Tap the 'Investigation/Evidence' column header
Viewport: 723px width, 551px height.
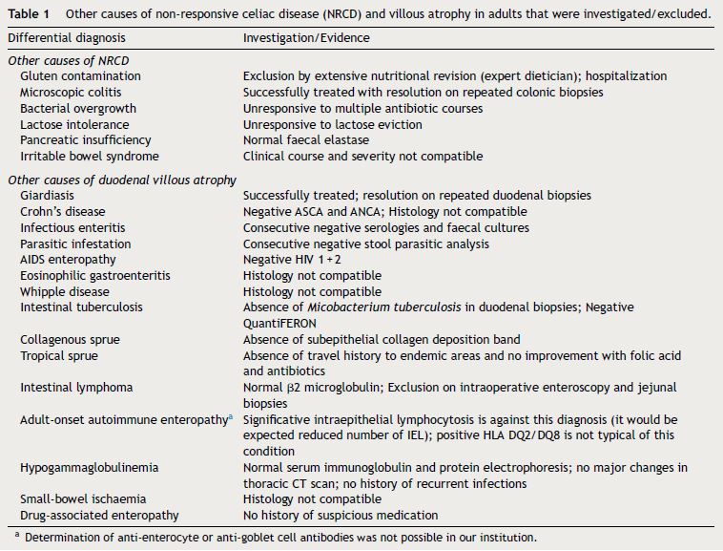coord(306,38)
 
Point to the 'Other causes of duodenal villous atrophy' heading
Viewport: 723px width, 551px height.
coord(121,180)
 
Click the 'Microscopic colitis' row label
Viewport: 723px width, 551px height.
coord(74,93)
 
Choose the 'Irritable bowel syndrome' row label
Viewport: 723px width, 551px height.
coord(90,156)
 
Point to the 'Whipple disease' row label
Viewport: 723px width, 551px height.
coord(67,291)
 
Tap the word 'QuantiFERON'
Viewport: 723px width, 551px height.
coord(280,323)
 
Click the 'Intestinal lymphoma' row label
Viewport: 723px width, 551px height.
coord(75,388)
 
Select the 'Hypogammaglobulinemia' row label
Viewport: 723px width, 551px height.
coord(89,468)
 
